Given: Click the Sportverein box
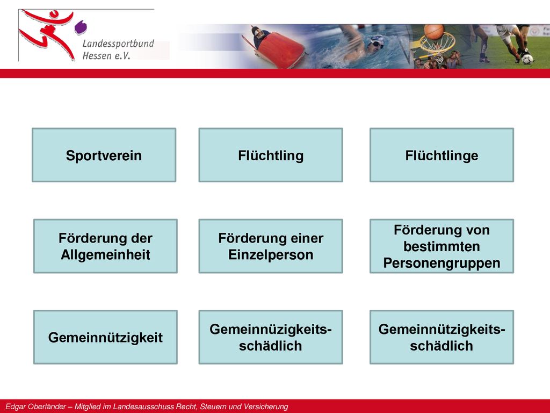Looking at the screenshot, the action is [x=104, y=155].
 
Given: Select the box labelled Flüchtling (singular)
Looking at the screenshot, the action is [x=271, y=155].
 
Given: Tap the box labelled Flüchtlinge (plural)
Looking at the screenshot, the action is [x=442, y=155].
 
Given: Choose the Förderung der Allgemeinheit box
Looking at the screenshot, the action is [x=105, y=246].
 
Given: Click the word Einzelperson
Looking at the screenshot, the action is [x=271, y=254].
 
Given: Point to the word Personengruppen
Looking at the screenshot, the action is [x=442, y=263].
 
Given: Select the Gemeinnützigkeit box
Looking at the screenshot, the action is [x=105, y=337].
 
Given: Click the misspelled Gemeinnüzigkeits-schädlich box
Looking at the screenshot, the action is [x=271, y=337].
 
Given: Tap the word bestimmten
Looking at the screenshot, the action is [x=442, y=246].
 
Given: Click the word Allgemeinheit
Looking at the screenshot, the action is [x=105, y=254].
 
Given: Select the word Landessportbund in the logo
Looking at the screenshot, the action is [x=118, y=44].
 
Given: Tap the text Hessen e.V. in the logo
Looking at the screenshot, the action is [x=106, y=55].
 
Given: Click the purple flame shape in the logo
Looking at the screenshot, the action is [x=81, y=27].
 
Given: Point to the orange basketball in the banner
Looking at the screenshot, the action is [x=433, y=32].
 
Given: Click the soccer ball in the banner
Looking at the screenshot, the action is [x=527, y=59].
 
